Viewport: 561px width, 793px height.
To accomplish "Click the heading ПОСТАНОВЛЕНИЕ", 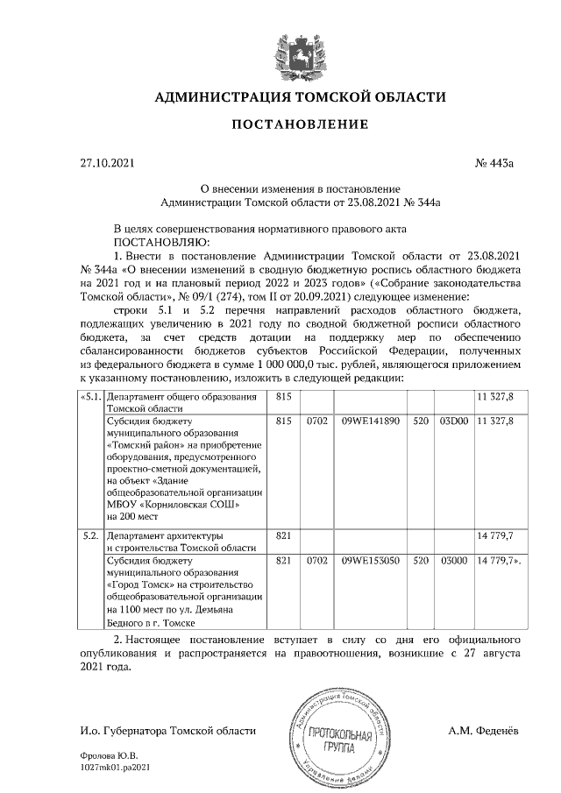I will click(300, 124).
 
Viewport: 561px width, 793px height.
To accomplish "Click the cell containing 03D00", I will click(453, 421).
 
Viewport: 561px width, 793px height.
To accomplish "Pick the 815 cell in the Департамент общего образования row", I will click(283, 397).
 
